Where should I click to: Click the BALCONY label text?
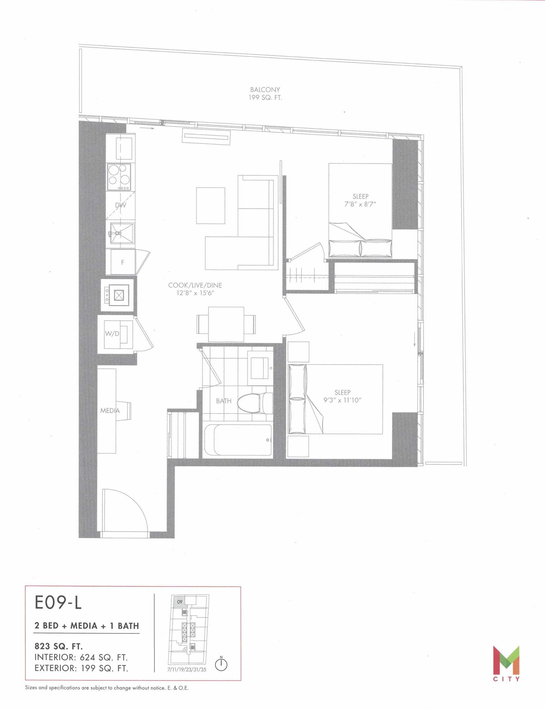[x=265, y=89]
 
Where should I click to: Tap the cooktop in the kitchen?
[x=119, y=177]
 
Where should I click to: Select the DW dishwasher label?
[x=120, y=205]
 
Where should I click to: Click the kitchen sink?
[x=122, y=234]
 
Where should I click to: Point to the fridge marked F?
[x=123, y=262]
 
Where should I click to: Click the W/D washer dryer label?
[x=112, y=334]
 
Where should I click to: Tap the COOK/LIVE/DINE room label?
[x=195, y=285]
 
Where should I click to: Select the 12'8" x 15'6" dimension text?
[x=195, y=293]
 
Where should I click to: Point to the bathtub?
[x=238, y=440]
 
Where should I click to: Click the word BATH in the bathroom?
[x=224, y=401]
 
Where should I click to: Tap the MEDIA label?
[x=110, y=411]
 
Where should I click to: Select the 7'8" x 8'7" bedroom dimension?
[x=360, y=204]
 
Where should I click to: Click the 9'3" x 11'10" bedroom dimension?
[x=342, y=400]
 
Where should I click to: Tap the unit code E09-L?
[x=58, y=603]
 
